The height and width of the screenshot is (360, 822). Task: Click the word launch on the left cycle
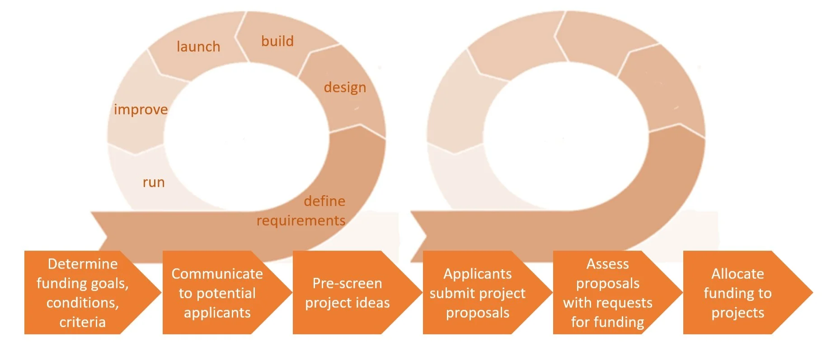click(198, 47)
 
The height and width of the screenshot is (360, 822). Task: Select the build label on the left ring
click(277, 41)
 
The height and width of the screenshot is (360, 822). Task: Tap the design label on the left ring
click(345, 87)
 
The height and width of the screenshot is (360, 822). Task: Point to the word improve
click(141, 109)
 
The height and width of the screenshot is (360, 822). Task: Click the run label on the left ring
click(154, 182)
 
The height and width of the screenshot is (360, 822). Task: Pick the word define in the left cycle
click(324, 201)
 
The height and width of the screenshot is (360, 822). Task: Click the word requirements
click(301, 220)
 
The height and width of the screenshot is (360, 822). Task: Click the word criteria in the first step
click(82, 322)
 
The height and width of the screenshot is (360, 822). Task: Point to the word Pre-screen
click(347, 283)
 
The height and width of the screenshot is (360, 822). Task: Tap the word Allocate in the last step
click(737, 274)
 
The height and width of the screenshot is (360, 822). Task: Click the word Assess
click(607, 264)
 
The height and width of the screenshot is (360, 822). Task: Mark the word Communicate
click(217, 274)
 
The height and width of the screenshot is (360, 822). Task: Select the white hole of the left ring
click(247, 136)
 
